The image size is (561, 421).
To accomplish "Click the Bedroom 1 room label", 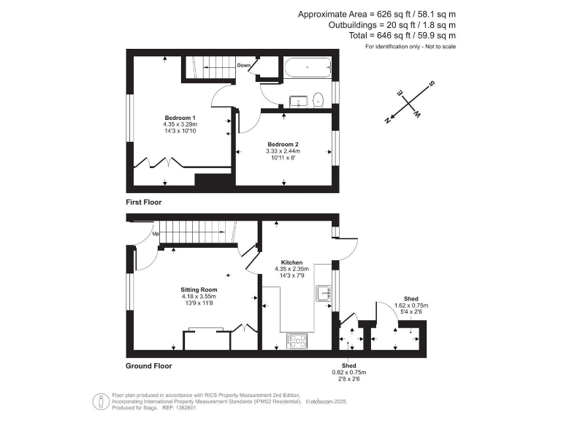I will coord(180,118).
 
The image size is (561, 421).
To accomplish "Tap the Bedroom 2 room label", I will coord(283,144).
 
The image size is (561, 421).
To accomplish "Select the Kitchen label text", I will coord(292,262).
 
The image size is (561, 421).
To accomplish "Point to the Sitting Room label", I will coord(199,289).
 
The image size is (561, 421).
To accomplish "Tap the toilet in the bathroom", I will coord(319,99).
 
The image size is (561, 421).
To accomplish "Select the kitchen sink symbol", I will coord(322,293).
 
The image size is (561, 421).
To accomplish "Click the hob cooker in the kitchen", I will coord(298,340).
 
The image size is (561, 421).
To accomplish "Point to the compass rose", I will coord(408,104).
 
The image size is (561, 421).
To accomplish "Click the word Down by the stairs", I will coord(245,65).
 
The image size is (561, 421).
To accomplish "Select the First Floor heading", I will coord(144,202).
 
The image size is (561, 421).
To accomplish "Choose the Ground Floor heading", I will coord(149,366).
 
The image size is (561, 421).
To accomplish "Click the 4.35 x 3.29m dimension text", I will coord(180,124).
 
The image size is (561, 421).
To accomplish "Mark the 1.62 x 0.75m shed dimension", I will coord(411,305).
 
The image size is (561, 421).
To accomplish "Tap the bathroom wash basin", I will coord(298,101).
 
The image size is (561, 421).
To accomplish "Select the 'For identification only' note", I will coord(411,47).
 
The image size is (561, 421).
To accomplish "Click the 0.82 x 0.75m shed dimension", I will coord(349,372).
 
